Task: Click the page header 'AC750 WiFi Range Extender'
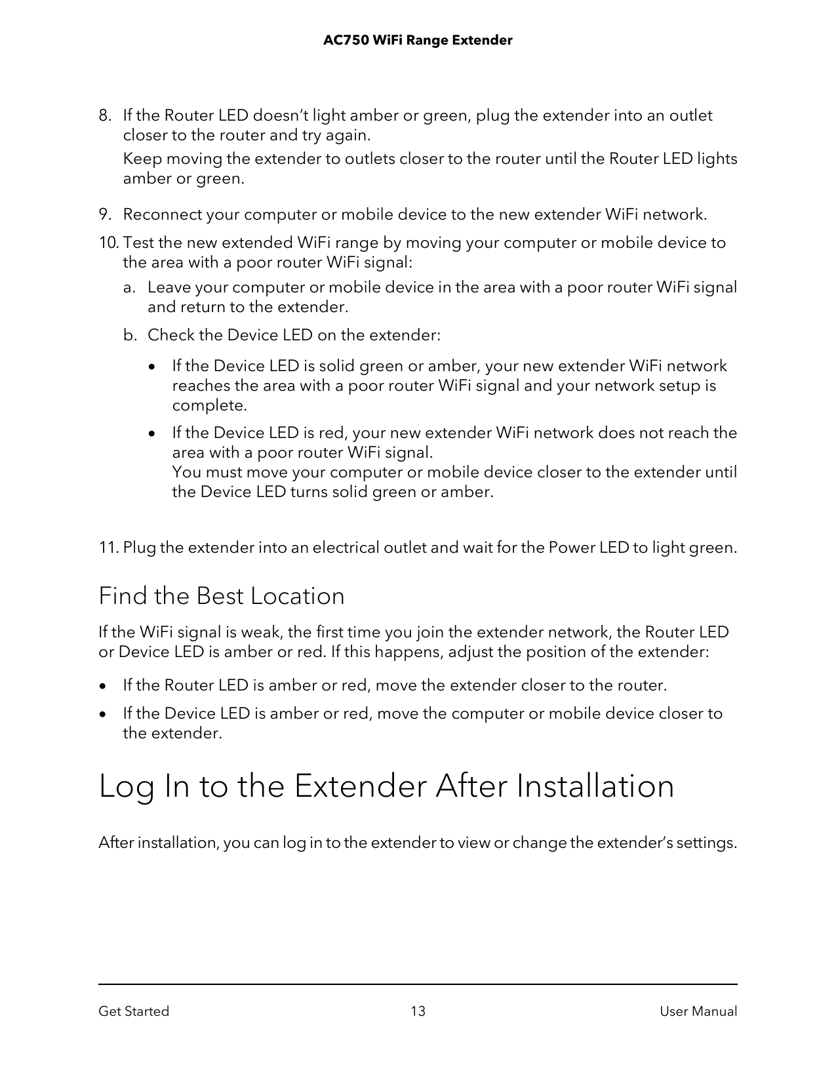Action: click(x=418, y=41)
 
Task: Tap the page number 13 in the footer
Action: click(x=418, y=1011)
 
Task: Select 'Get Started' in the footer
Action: click(x=134, y=1011)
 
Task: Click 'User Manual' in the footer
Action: click(x=698, y=1011)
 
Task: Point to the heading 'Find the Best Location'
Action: click(x=221, y=596)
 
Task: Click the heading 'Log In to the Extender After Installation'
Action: click(x=386, y=786)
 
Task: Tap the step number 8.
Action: click(x=104, y=116)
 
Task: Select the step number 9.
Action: click(x=104, y=215)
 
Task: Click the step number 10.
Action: click(x=108, y=243)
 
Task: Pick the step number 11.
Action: click(x=108, y=548)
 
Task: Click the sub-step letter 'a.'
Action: click(x=130, y=288)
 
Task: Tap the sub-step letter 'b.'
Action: click(x=130, y=336)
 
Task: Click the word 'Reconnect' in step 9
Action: click(x=163, y=215)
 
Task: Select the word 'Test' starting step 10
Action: click(x=138, y=243)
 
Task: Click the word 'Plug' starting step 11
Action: click(x=139, y=548)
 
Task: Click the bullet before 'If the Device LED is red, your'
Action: click(x=152, y=434)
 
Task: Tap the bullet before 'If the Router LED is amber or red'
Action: click(x=102, y=687)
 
